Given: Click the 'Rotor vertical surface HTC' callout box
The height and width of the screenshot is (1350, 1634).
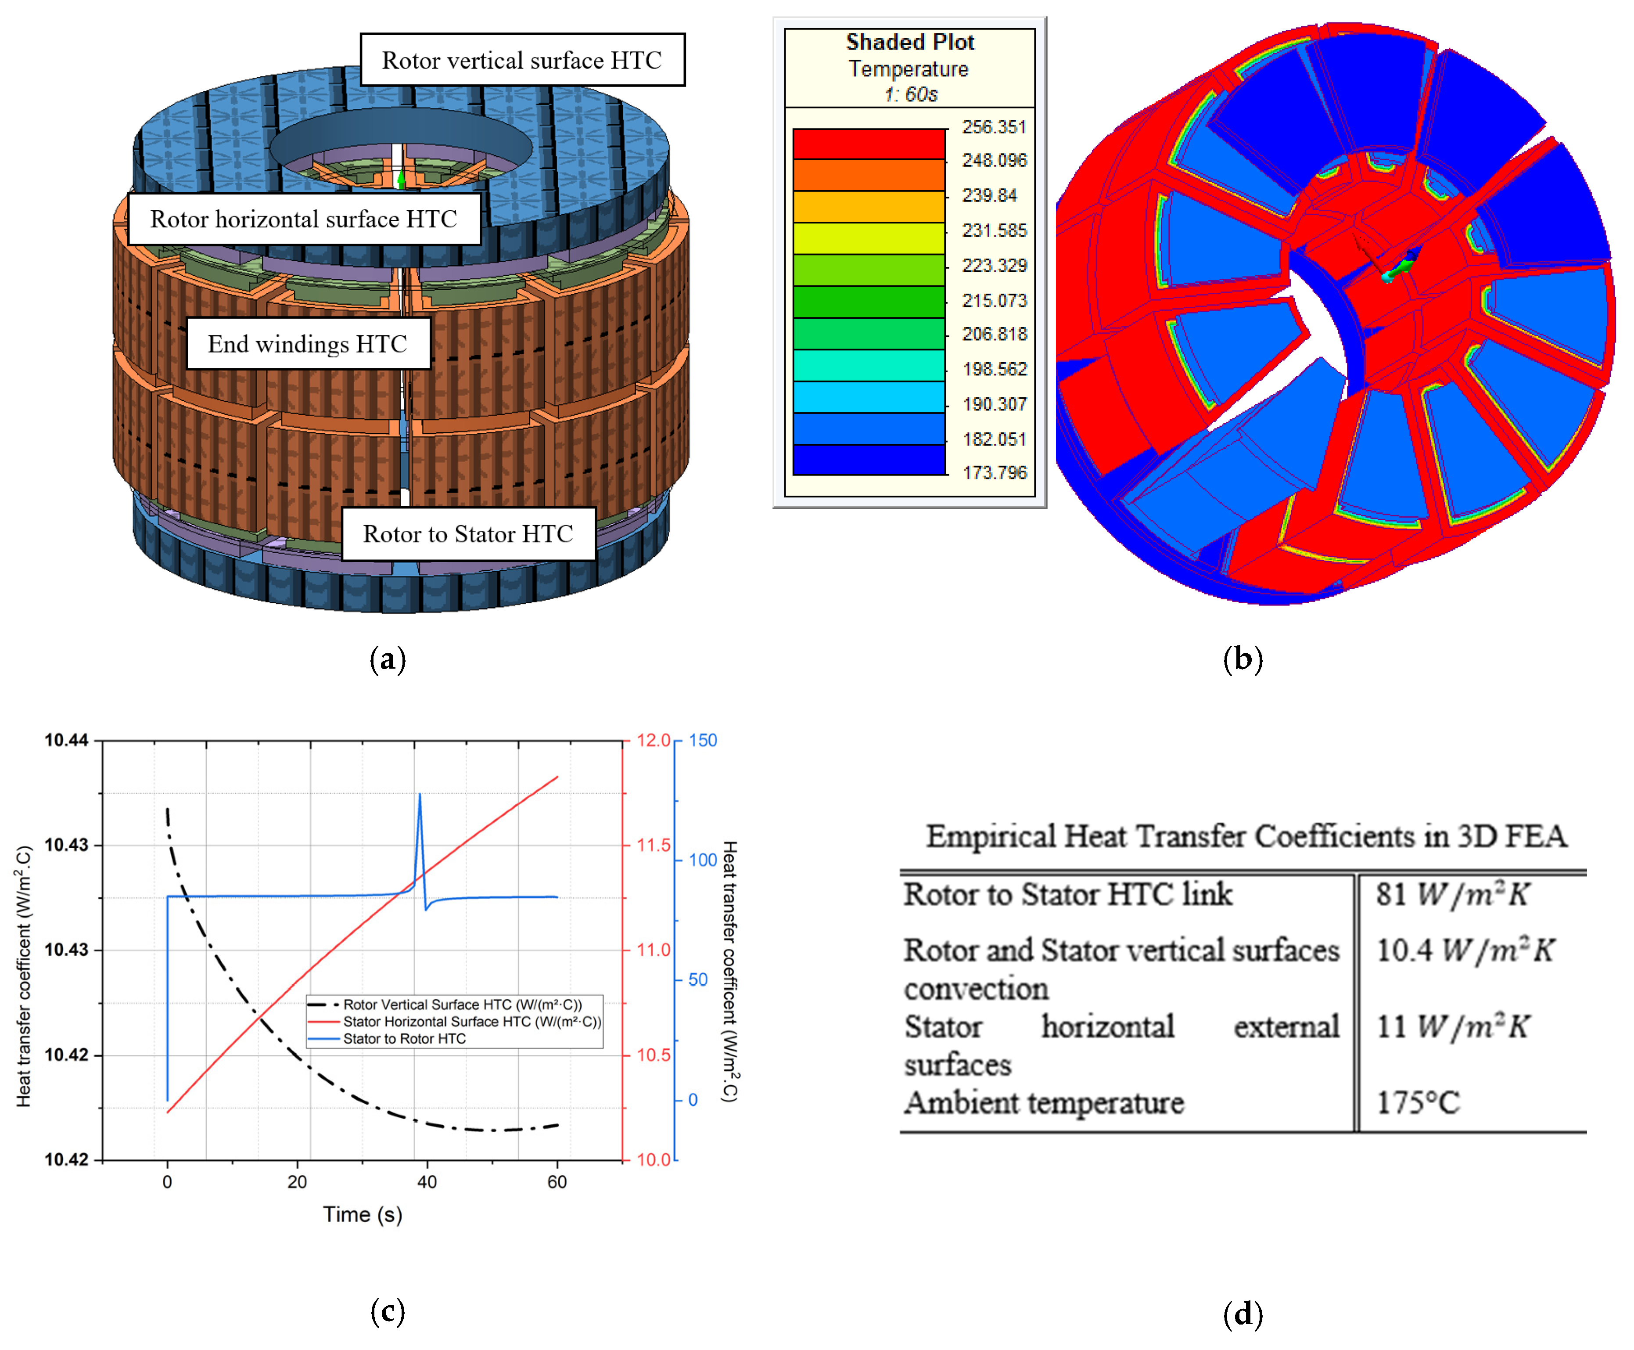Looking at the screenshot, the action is click(x=521, y=60).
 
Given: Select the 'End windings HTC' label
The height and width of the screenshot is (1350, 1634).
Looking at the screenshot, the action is click(x=308, y=344).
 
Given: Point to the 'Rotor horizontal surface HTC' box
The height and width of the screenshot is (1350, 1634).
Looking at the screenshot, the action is click(x=303, y=220).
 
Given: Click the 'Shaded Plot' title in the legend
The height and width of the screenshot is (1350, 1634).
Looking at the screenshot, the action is click(x=909, y=42).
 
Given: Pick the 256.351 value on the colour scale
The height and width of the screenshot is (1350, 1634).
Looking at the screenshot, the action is click(x=994, y=127).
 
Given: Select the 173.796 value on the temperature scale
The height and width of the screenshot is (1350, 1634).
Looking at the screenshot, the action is click(x=994, y=472).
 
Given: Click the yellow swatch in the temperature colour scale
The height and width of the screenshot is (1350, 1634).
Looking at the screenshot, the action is click(x=868, y=238).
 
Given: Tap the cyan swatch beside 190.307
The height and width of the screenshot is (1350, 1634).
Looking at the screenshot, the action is click(x=868, y=396).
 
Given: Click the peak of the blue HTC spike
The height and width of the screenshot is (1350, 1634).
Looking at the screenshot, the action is click(x=420, y=795).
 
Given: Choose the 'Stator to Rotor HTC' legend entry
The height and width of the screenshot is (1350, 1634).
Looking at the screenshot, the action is click(x=404, y=1039).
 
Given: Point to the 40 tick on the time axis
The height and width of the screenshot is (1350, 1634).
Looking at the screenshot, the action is click(x=427, y=1182).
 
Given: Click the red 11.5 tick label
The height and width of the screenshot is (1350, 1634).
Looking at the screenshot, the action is click(x=653, y=845).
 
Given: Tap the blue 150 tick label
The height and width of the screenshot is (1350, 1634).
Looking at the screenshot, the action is click(x=703, y=740).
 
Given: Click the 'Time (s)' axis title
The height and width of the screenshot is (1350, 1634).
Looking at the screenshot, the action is click(x=362, y=1215).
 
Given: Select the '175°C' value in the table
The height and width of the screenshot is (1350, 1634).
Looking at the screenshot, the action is click(x=1418, y=1103).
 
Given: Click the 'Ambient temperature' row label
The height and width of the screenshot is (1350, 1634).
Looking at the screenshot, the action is click(x=1043, y=1103).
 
